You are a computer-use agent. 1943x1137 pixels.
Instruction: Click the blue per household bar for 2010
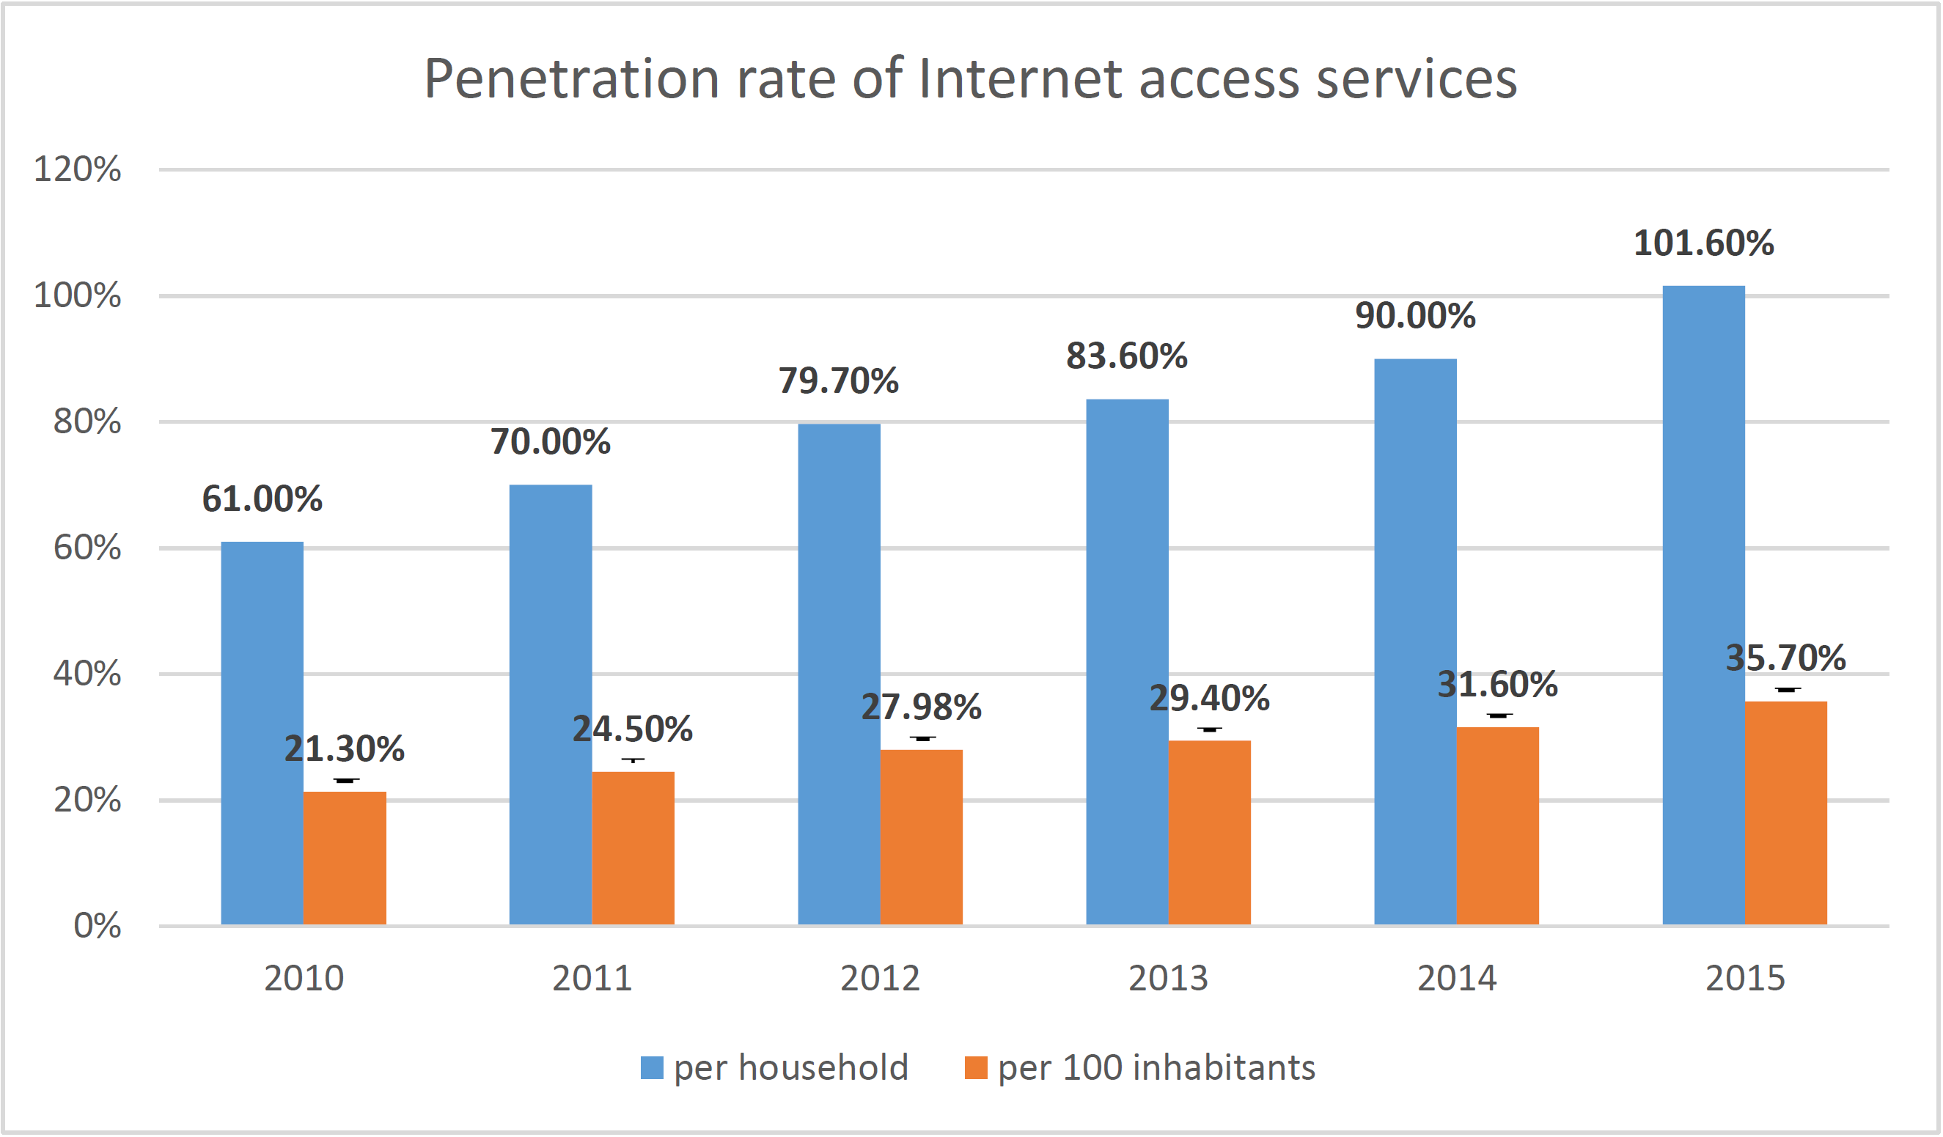262,732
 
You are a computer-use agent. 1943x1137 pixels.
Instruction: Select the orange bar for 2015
1785,812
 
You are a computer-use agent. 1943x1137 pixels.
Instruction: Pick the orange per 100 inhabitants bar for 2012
922,837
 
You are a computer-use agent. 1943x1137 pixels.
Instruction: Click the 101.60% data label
1703,243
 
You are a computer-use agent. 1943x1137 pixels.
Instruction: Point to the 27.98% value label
922,707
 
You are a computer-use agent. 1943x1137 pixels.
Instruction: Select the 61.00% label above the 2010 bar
262,498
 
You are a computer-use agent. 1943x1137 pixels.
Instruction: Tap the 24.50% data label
632,729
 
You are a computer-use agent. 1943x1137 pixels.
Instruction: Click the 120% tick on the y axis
77,169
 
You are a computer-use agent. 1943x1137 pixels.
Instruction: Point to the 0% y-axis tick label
97,926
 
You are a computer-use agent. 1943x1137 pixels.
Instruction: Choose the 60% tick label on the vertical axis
87,548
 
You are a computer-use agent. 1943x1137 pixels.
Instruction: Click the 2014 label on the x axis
1456,978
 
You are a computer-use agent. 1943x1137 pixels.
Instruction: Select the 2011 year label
592,978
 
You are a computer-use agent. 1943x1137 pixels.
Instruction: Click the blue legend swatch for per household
653,1067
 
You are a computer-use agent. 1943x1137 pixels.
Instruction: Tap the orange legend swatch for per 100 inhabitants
976,1067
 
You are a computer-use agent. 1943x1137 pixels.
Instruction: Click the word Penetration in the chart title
571,78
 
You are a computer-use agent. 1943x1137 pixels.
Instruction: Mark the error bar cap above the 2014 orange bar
1498,715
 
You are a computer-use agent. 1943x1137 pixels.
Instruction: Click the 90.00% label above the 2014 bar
1415,316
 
